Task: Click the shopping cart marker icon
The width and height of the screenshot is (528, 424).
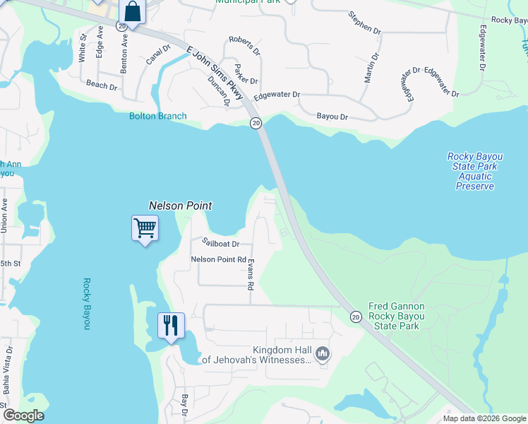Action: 145,228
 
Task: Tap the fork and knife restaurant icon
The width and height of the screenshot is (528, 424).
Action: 171,326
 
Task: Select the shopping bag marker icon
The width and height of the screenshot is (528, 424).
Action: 132,12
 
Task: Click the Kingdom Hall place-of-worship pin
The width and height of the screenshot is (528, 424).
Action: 323,353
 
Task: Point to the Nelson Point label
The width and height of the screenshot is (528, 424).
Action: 180,206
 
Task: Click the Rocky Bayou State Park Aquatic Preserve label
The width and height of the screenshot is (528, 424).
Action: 474,171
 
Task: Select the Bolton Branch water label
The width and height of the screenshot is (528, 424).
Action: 157,116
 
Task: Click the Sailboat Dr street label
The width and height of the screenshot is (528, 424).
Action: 221,242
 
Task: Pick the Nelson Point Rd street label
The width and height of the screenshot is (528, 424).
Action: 218,259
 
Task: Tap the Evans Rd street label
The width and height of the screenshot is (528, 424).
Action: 250,275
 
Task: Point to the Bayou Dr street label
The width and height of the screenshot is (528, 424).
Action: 332,115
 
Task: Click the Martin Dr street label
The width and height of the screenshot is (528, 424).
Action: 372,67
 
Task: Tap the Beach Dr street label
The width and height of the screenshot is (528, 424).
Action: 101,86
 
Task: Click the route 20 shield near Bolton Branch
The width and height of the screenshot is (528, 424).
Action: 256,123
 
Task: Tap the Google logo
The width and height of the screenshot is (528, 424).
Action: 23,416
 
